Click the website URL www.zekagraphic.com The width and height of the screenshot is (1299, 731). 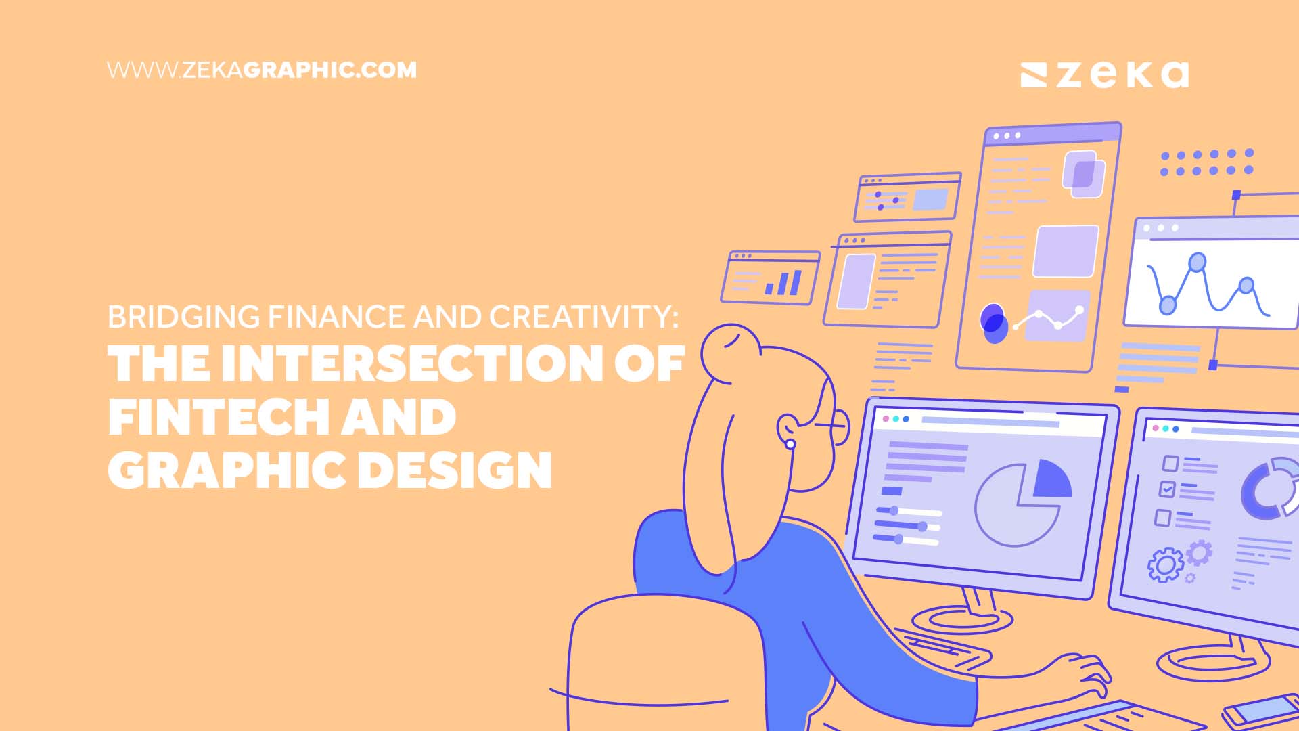(262, 70)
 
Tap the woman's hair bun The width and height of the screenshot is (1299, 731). (730, 353)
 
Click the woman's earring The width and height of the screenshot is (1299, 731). (790, 444)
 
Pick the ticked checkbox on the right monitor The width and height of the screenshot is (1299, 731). (1167, 489)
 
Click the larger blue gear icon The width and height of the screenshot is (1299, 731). (1165, 564)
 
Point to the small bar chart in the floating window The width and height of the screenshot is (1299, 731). (783, 282)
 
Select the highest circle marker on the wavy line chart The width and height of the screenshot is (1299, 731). (1198, 262)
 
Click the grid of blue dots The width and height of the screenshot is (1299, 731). (1206, 162)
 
